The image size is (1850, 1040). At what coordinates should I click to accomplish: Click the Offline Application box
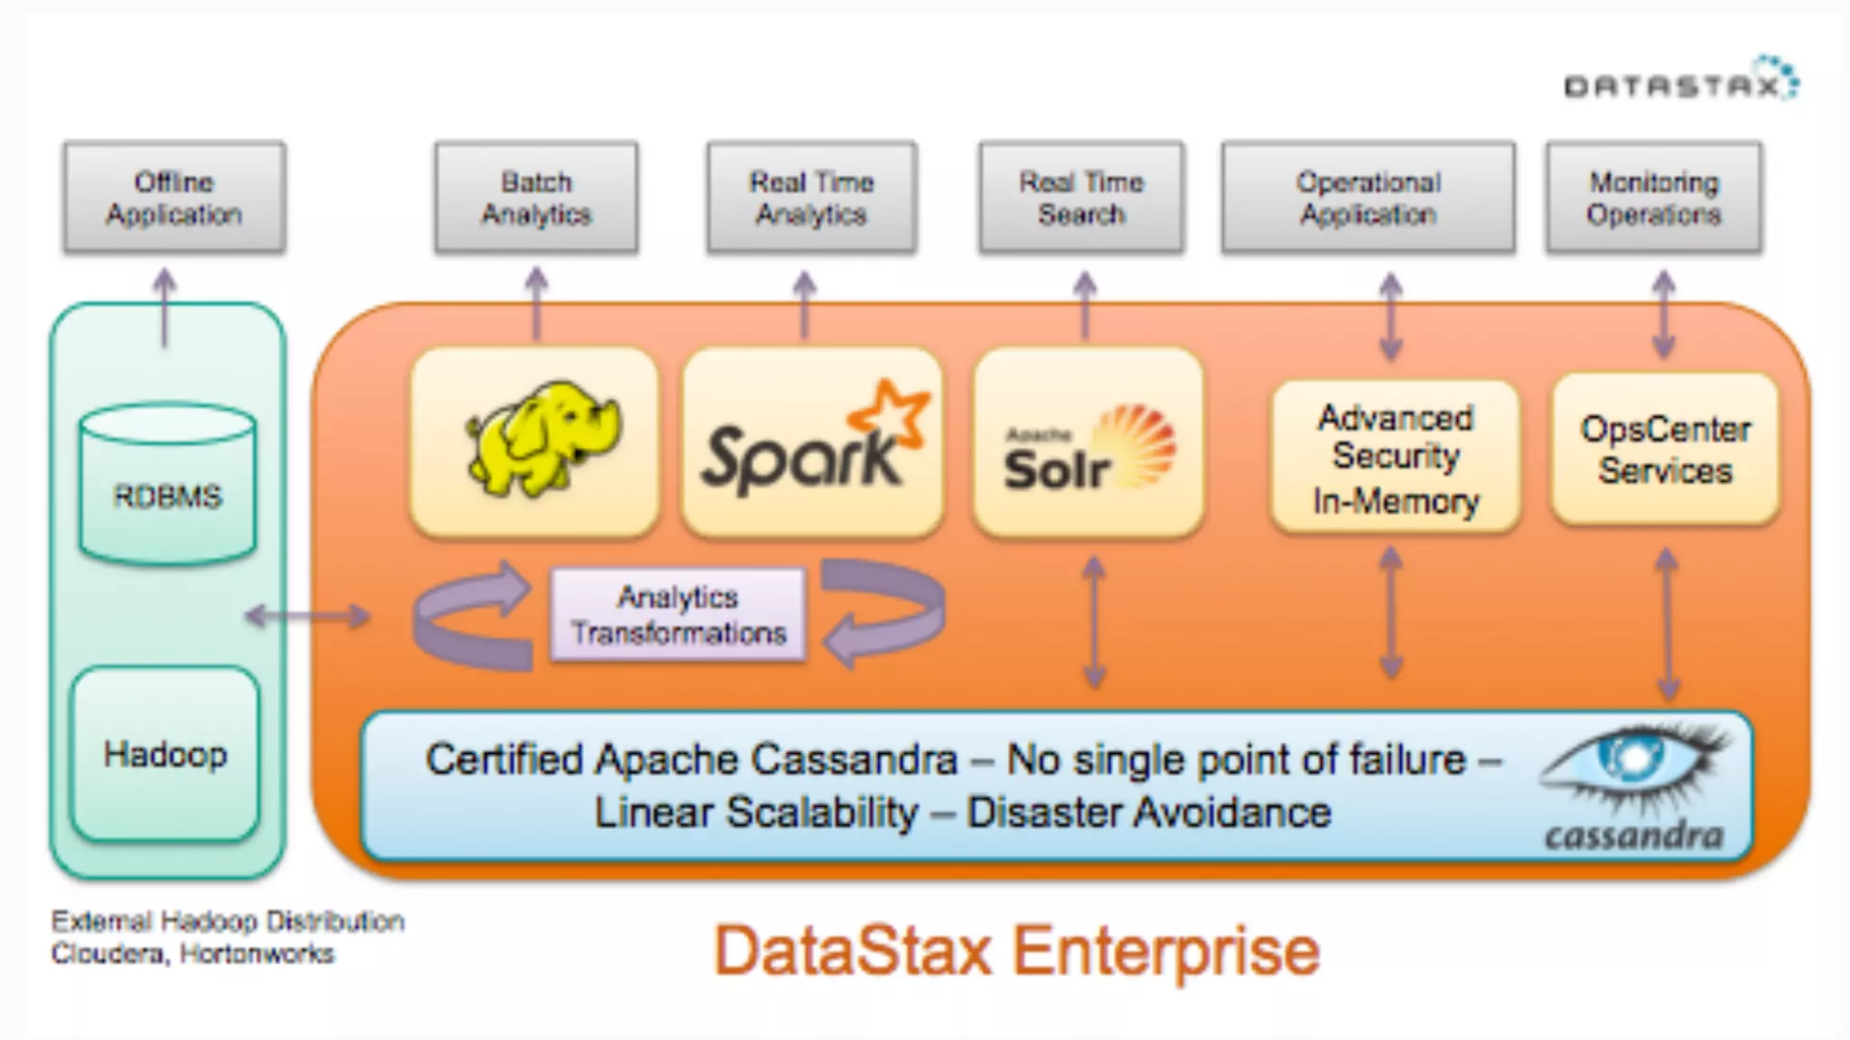(174, 198)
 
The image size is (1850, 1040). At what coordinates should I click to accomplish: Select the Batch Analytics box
(537, 198)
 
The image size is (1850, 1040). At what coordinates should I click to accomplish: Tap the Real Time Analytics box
(811, 198)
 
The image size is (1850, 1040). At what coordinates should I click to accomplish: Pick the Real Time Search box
(1081, 198)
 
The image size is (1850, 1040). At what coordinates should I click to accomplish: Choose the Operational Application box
(1368, 198)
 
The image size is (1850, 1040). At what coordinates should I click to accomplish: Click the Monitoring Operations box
(1653, 198)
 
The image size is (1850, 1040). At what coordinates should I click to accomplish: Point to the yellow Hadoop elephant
(542, 438)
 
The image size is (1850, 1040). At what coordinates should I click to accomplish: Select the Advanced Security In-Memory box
(1395, 458)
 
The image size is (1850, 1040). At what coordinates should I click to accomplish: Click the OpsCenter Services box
(1665, 450)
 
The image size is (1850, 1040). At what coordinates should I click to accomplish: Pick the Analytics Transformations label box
(677, 615)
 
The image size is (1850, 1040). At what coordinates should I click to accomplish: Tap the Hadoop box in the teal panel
(165, 754)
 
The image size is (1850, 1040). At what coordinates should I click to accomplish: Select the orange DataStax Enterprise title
(1016, 951)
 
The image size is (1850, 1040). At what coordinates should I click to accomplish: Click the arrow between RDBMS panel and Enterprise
(308, 617)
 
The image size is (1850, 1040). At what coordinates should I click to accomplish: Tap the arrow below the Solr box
(1094, 622)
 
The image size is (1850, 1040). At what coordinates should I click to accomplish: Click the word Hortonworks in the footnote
(257, 954)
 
